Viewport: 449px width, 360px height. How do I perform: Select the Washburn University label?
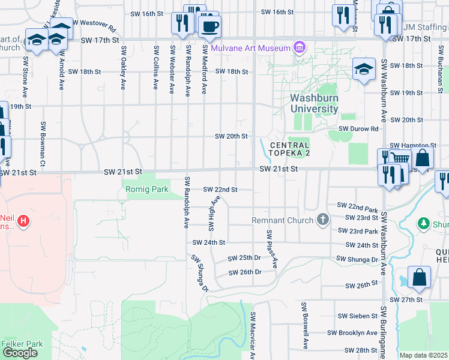point(314,103)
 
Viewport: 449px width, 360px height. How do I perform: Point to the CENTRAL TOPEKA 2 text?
point(289,149)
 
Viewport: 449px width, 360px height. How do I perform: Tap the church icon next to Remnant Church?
point(323,220)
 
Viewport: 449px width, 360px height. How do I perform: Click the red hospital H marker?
point(23,221)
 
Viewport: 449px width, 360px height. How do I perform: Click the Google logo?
point(20,353)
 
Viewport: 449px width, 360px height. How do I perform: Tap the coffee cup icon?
point(209,26)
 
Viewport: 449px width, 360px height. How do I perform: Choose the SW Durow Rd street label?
point(358,128)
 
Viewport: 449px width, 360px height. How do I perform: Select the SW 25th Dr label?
point(244,258)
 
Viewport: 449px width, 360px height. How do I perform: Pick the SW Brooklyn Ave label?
point(352,332)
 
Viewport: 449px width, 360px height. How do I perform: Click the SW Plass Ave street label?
point(272,248)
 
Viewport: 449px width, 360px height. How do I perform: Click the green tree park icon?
point(423,223)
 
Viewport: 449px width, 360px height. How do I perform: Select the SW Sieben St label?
point(357,315)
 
